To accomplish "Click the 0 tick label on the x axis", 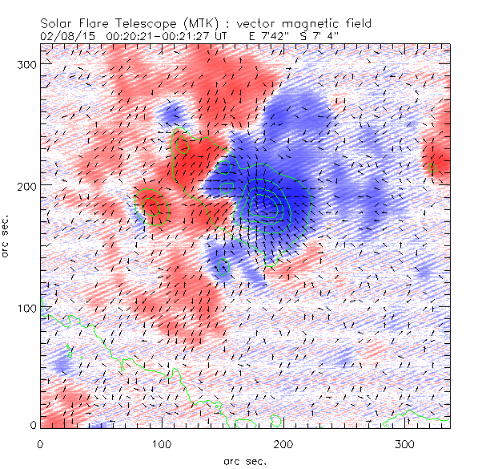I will point(40,443).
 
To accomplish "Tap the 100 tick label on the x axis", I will point(162,443).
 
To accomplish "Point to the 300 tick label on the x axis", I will point(405,443).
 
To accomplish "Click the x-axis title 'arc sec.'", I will point(245,461).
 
